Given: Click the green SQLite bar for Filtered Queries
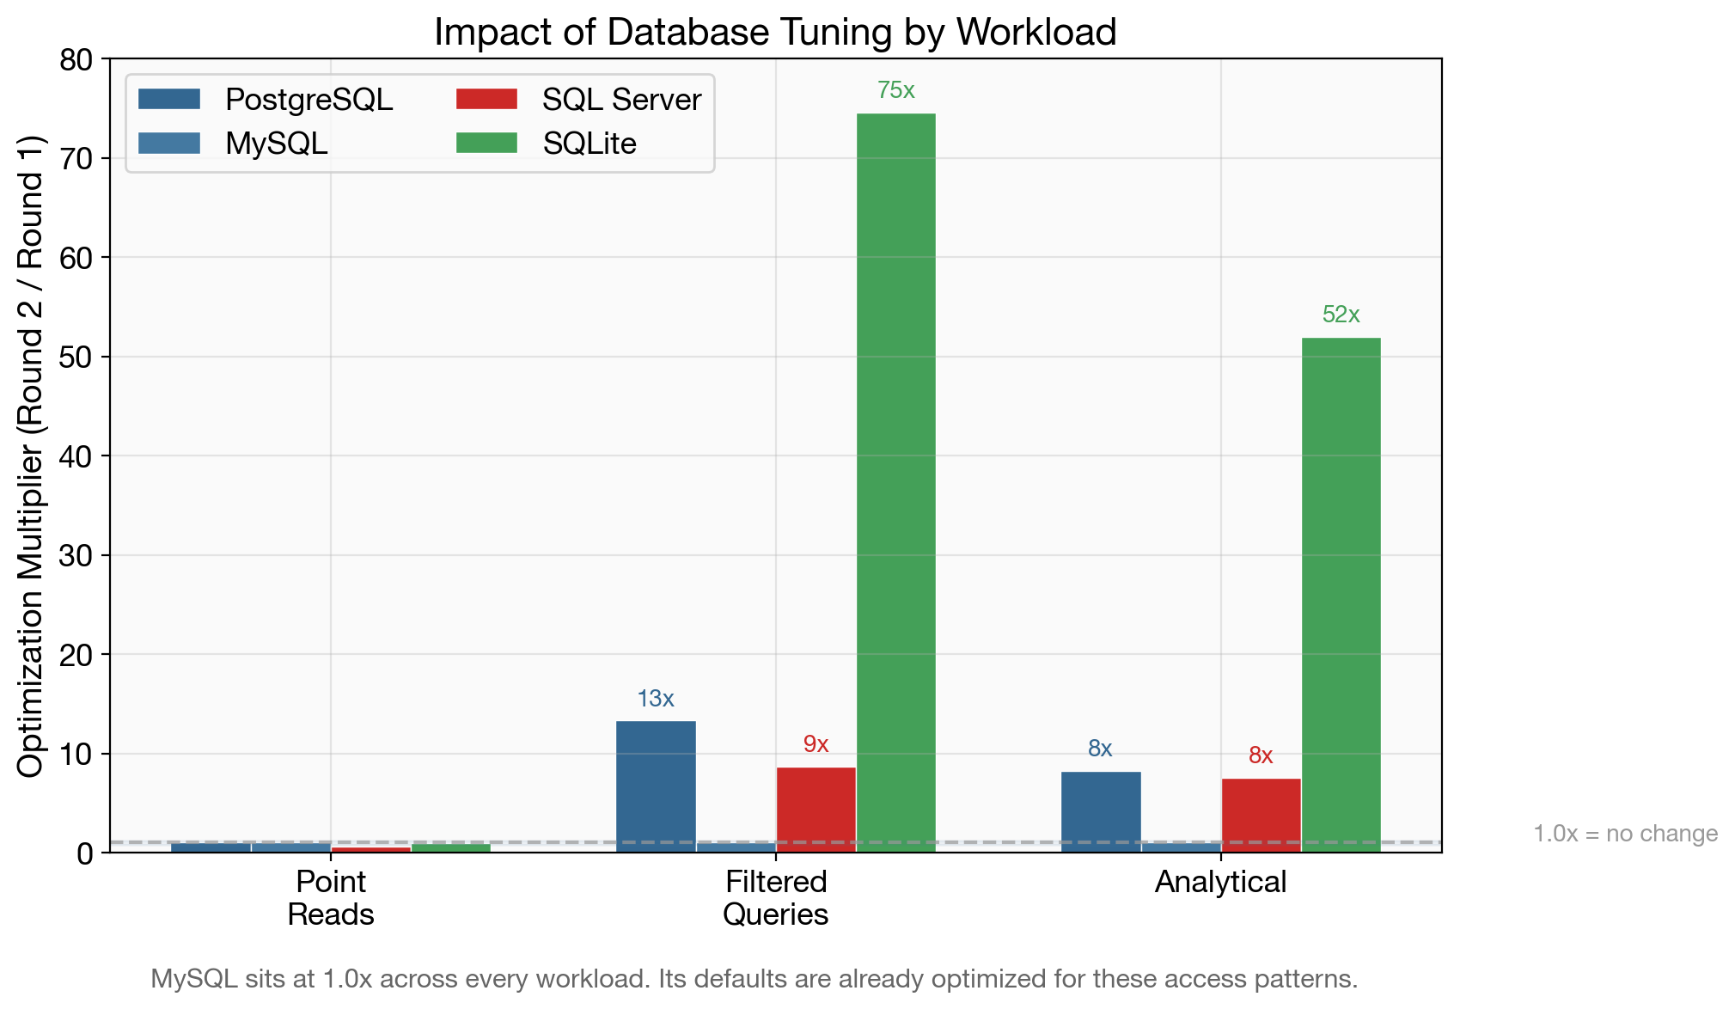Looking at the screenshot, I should (895, 481).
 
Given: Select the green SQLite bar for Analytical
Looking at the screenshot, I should (1341, 593).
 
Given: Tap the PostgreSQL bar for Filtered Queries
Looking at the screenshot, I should (656, 786).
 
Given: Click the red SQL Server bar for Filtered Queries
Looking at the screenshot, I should (816, 809).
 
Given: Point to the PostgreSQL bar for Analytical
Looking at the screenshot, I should (1101, 811).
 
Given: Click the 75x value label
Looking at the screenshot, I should (895, 90).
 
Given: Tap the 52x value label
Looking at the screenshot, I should (1341, 315).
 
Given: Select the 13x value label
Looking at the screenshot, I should (656, 699).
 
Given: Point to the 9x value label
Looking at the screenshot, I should (816, 744).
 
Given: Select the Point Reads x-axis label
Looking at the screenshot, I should (331, 897).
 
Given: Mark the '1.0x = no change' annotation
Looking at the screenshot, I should (1625, 834).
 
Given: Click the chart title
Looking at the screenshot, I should (775, 32).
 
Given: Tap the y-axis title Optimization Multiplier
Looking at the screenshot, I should (30, 456).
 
